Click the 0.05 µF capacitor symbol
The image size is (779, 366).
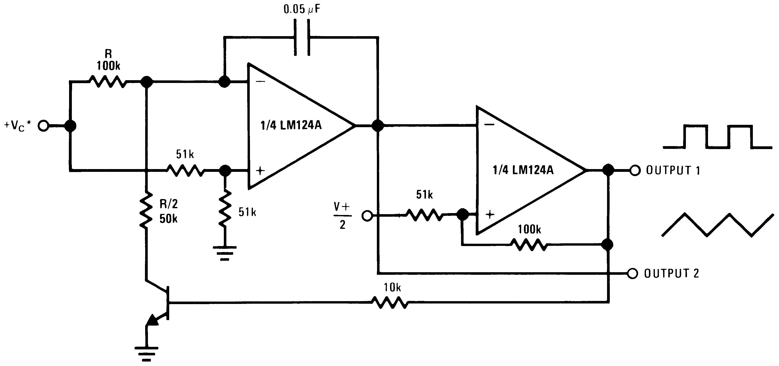coord(302,37)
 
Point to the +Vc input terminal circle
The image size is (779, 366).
coord(44,126)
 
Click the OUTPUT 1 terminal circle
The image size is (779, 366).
coord(635,171)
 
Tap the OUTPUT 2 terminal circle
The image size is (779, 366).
coord(633,273)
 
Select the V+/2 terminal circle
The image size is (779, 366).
coord(367,216)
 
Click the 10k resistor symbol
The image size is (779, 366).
coord(390,302)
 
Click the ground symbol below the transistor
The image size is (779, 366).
coord(146,353)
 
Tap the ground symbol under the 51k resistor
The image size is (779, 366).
coord(224,253)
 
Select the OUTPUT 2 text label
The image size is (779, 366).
coord(671,273)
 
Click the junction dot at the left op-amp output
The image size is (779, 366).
coord(378,125)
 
